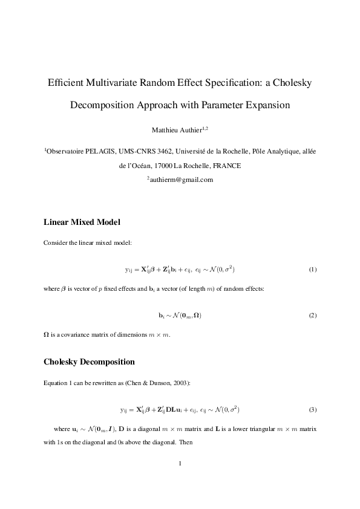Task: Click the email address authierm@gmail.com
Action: click(182, 180)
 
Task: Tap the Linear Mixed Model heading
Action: click(86, 222)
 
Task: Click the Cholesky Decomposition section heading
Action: click(89, 362)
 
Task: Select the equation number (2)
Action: click(312, 316)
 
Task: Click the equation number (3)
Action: click(312, 410)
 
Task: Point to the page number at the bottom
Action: click(180, 464)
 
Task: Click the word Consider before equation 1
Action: click(56, 243)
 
